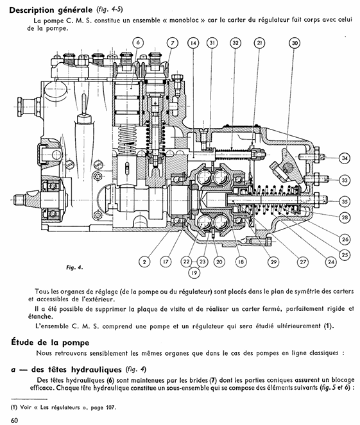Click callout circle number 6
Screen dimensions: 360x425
[138, 42]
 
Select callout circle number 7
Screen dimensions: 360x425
[172, 43]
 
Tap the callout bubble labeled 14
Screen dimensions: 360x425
[193, 43]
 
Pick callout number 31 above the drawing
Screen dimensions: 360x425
[212, 43]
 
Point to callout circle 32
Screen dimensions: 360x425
[236, 43]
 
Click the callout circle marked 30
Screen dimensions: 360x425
[295, 43]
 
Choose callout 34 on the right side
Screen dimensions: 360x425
[345, 158]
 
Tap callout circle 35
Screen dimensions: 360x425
[345, 201]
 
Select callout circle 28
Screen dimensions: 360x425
[345, 217]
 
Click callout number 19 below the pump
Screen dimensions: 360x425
[194, 272]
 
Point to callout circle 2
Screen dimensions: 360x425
[144, 262]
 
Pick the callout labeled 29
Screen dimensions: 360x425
[273, 262]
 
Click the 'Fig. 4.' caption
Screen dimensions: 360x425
[74, 267]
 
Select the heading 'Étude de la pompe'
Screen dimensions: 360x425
[50, 342]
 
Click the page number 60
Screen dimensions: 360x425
[14, 420]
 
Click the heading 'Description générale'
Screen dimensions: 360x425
[51, 10]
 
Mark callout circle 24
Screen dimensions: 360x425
[331, 262]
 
